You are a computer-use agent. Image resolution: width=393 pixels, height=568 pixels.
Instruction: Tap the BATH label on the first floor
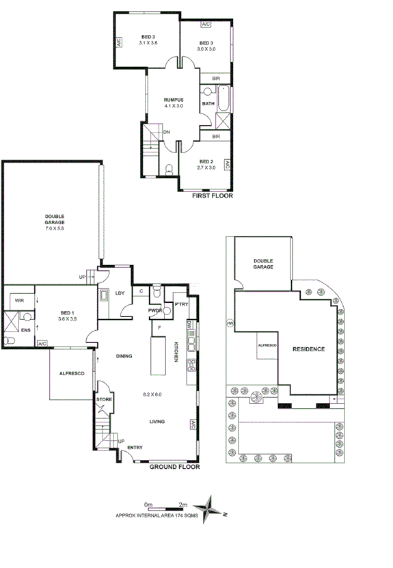(208, 104)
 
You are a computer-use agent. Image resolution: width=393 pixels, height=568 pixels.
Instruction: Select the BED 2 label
(206, 161)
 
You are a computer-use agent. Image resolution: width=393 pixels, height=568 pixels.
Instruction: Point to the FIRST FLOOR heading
(213, 195)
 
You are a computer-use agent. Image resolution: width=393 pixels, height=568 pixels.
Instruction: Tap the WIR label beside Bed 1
(19, 299)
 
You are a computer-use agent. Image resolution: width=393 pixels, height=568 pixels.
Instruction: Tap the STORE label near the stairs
(104, 399)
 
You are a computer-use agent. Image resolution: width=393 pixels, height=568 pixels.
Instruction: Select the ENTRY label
(134, 448)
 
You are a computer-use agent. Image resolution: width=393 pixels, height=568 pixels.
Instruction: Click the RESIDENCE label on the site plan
(308, 349)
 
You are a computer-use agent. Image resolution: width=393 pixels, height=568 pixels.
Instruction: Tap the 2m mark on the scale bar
(182, 504)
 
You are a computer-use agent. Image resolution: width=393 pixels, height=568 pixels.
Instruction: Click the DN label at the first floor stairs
(166, 133)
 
